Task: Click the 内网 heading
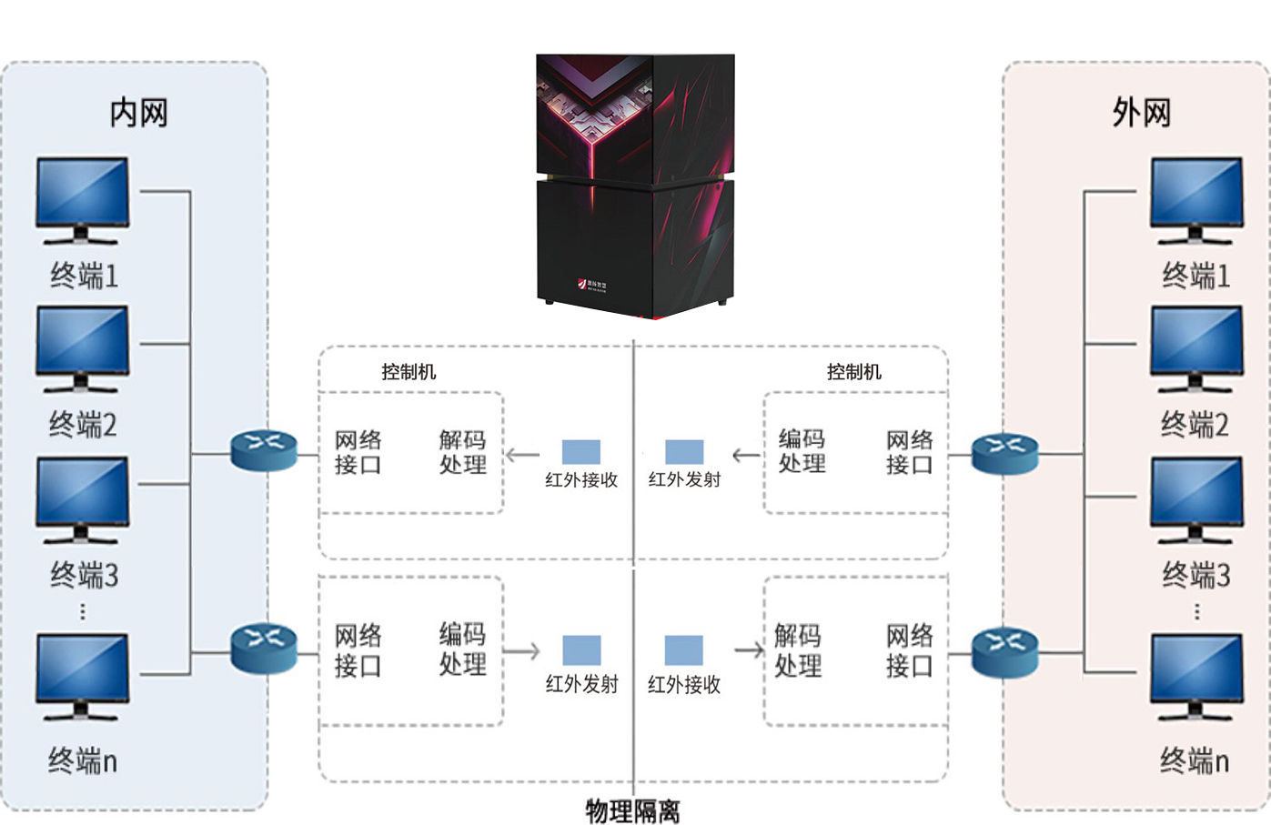click(138, 113)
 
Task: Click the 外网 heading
click(1141, 113)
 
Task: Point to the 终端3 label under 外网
click(1195, 575)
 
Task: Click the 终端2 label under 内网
click(83, 425)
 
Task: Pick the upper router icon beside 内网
click(264, 449)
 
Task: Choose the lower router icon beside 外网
click(1004, 651)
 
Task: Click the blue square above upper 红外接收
click(581, 452)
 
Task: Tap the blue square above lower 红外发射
click(581, 650)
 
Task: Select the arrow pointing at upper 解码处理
click(522, 455)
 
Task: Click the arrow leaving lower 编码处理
click(521, 651)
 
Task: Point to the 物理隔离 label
click(632, 810)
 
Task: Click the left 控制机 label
click(409, 371)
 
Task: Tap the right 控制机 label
click(853, 371)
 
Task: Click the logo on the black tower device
click(592, 286)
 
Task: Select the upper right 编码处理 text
click(802, 451)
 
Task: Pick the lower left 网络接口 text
click(358, 650)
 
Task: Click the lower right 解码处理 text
click(798, 650)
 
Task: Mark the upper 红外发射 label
click(684, 479)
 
